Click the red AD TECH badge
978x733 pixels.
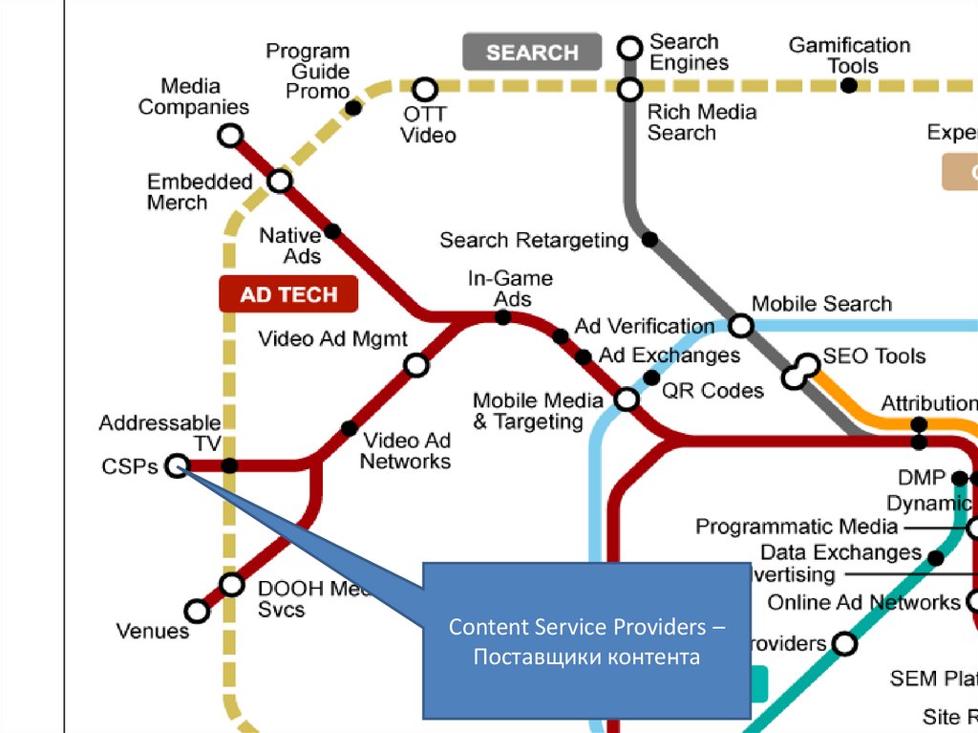click(x=288, y=294)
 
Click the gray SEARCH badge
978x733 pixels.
click(x=532, y=53)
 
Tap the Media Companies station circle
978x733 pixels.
click(x=230, y=136)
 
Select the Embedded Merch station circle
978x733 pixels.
click(x=280, y=180)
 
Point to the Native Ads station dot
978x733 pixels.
click(x=332, y=230)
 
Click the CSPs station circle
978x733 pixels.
click(x=176, y=465)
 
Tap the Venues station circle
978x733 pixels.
click(x=197, y=610)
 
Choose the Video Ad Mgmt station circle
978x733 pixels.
click(x=415, y=364)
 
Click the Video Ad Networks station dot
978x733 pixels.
click(x=350, y=428)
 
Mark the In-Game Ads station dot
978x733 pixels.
click(x=503, y=316)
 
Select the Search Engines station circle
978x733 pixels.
click(x=629, y=47)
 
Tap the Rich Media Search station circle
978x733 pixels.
click(x=629, y=90)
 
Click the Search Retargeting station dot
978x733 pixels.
click(x=649, y=240)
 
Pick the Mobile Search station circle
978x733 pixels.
click(x=741, y=325)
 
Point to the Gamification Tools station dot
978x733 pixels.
click(x=848, y=85)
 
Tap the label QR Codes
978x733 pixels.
click(x=712, y=390)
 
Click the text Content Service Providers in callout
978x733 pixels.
click(x=586, y=628)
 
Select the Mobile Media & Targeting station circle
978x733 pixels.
click(x=627, y=399)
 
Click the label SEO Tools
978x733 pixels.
click(x=874, y=356)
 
